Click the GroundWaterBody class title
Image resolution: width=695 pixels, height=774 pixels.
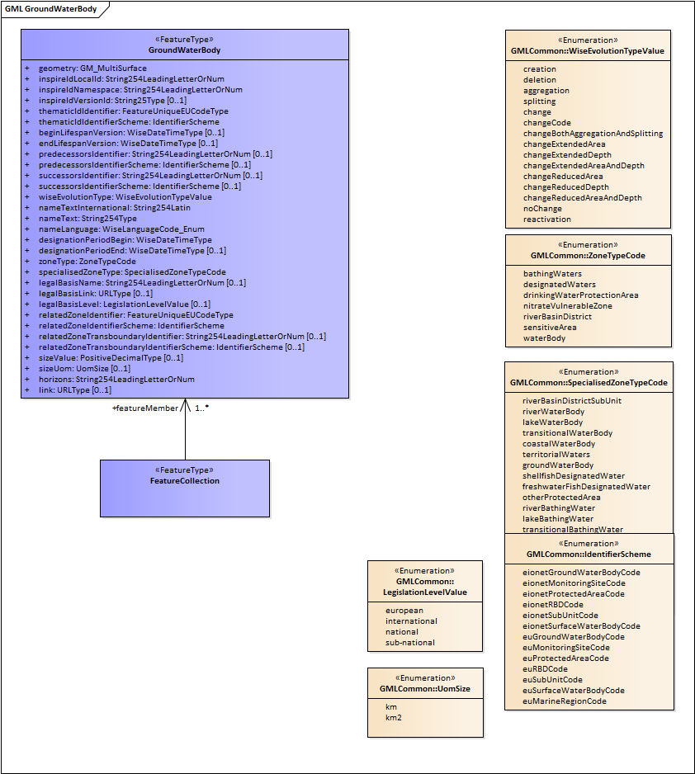point(184,50)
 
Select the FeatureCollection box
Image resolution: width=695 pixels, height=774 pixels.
point(185,488)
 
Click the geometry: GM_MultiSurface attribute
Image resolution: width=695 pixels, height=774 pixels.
point(92,68)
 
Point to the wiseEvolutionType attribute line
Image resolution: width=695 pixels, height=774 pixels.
point(125,197)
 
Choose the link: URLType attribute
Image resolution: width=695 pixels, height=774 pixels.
point(75,390)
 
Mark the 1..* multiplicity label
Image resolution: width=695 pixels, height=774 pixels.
point(201,408)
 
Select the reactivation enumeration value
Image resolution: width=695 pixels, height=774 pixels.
point(546,219)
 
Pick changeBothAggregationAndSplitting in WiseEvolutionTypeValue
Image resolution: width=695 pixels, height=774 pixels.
point(593,134)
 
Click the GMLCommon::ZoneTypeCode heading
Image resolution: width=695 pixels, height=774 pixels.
point(588,256)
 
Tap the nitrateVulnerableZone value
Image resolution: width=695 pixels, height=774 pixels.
point(568,306)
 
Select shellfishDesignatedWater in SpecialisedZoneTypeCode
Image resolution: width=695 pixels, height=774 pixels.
point(574,476)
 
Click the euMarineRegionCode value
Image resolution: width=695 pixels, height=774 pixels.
point(565,701)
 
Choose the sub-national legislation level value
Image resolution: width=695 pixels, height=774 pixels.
point(409,642)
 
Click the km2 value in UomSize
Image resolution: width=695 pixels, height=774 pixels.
point(395,718)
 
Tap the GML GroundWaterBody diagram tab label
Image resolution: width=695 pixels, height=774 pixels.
point(50,10)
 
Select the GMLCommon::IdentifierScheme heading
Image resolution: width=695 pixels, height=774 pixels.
point(589,555)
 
